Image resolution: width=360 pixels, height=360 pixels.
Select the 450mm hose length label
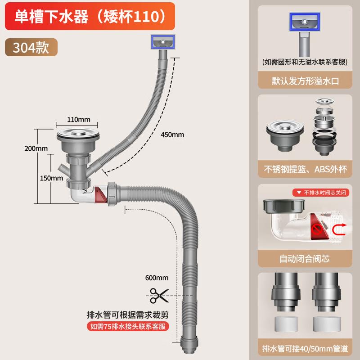171,135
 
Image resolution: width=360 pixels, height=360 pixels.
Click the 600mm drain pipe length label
157,278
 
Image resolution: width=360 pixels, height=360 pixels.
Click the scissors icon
157,297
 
